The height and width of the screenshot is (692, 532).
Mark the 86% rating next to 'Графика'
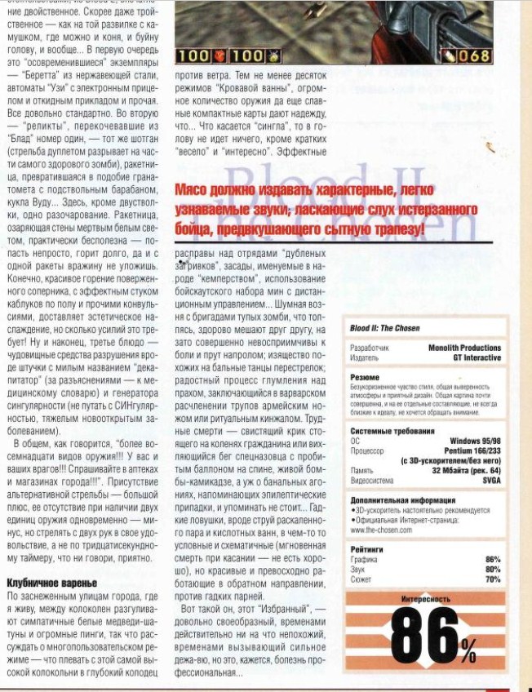click(x=493, y=559)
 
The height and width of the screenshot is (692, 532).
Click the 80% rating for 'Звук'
click(x=493, y=568)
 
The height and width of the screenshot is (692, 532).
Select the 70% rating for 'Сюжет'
click(x=493, y=578)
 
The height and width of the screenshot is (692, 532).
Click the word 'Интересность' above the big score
click(x=425, y=599)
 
